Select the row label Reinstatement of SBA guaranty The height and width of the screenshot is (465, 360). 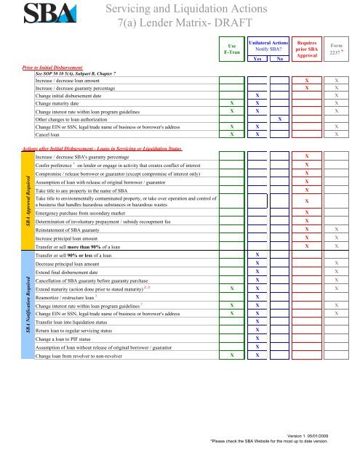[x=80, y=229]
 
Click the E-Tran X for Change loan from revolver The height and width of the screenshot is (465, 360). [x=231, y=356]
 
